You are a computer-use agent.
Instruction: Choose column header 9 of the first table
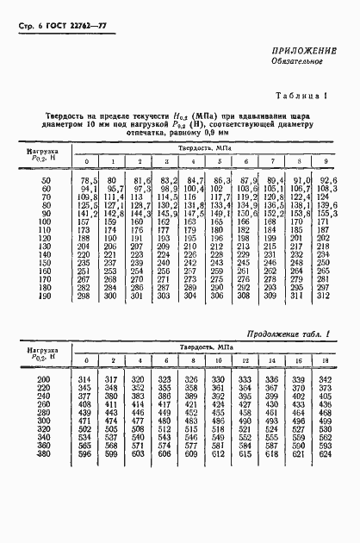click(326, 162)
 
